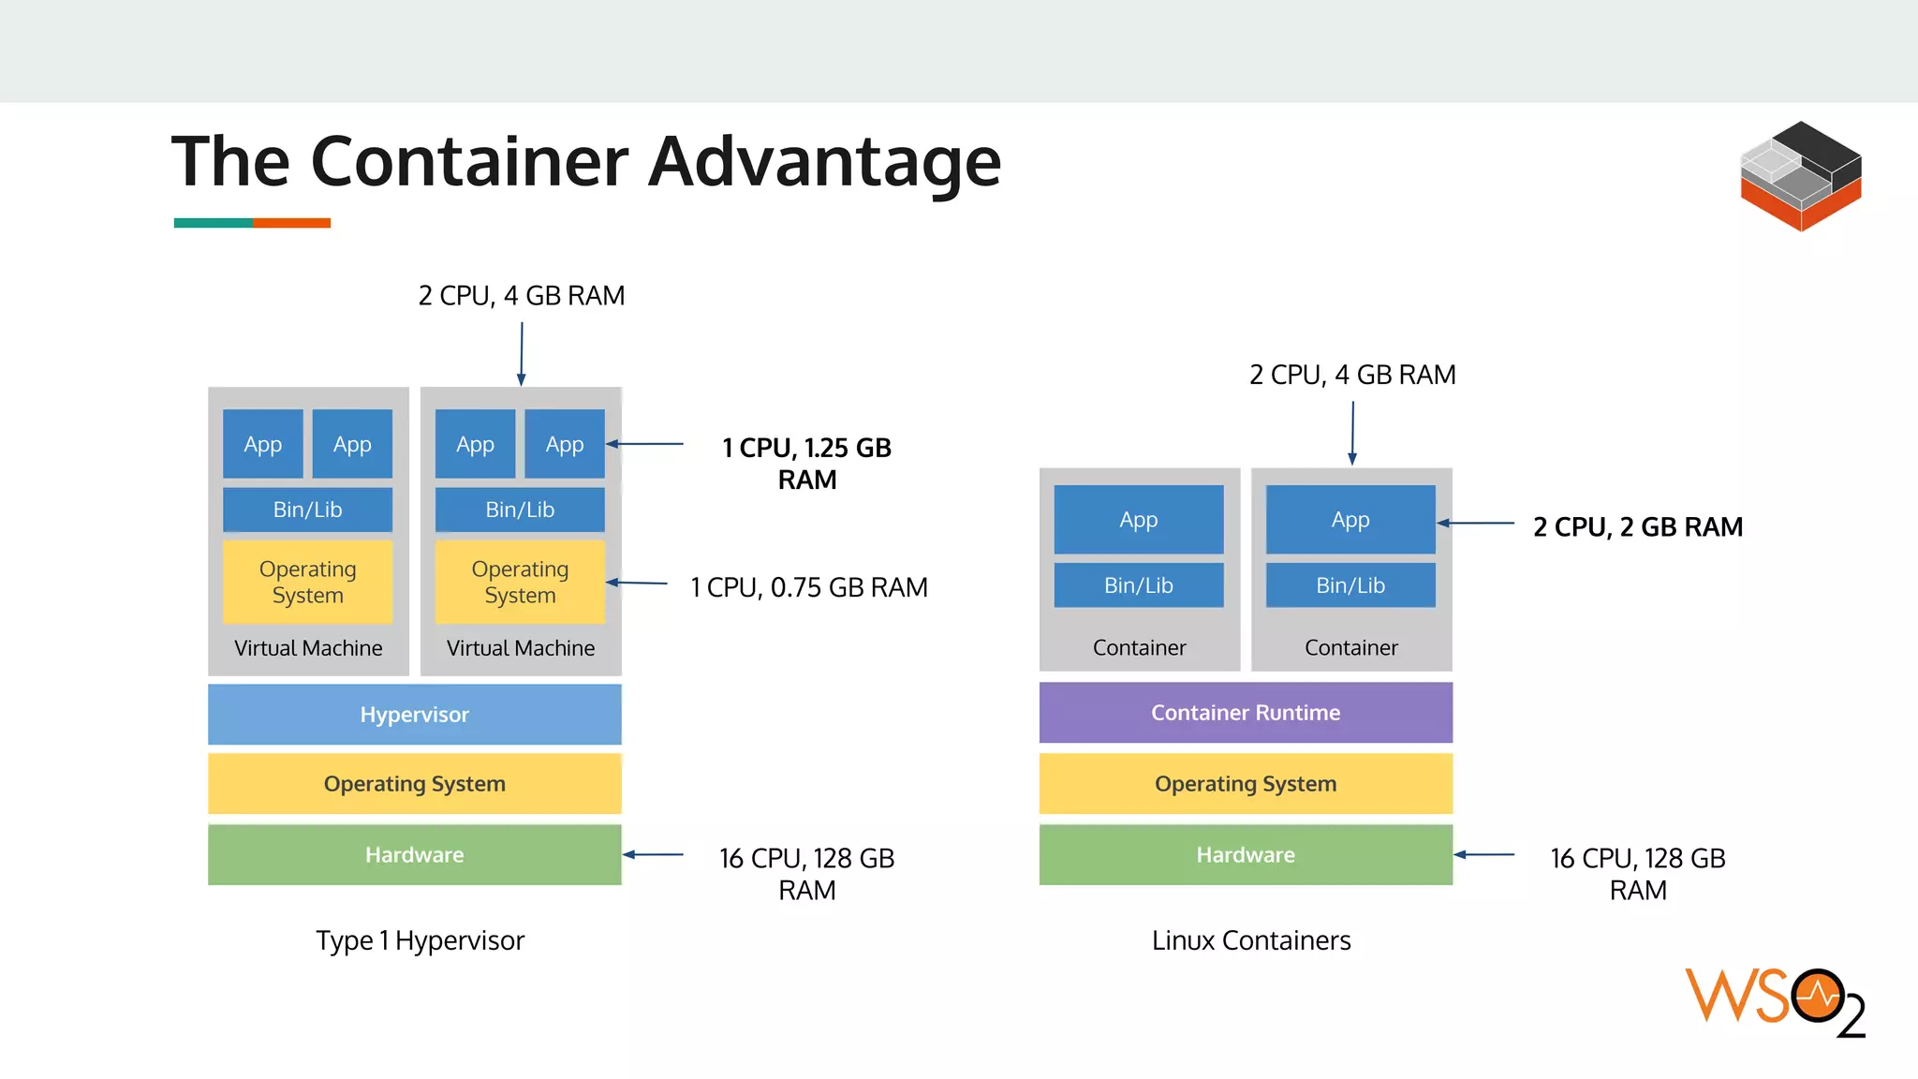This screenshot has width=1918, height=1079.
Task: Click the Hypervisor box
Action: click(x=414, y=715)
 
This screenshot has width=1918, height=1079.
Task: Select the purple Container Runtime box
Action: click(x=1245, y=713)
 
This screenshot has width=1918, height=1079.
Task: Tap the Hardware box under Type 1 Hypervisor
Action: click(x=414, y=855)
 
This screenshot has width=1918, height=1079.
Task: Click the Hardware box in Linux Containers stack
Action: click(x=1245, y=855)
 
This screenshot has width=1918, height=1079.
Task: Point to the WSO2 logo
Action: click(x=1774, y=1001)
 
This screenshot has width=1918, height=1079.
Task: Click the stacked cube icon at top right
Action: click(x=1800, y=176)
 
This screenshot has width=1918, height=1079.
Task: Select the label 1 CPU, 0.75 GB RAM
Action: click(x=808, y=587)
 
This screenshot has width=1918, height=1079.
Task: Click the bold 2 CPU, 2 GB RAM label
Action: click(x=1637, y=527)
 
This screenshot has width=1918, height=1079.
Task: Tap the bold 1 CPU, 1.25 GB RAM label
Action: click(x=806, y=464)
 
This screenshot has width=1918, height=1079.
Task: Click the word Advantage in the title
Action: click(x=824, y=162)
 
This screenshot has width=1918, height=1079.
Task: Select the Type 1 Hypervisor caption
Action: click(x=420, y=940)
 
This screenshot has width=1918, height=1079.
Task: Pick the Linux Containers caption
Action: click(x=1250, y=940)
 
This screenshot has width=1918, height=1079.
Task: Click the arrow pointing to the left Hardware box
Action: click(x=654, y=854)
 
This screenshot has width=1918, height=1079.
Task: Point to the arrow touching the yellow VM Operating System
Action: click(x=638, y=583)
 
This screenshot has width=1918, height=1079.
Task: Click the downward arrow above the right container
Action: click(x=1352, y=433)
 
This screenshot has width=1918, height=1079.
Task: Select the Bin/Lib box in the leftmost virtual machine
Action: click(x=307, y=510)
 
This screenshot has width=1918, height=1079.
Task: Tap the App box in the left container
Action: click(x=1138, y=520)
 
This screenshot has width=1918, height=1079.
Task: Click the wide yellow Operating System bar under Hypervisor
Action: click(x=414, y=784)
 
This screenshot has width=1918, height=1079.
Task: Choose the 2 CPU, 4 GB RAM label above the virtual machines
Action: click(x=521, y=296)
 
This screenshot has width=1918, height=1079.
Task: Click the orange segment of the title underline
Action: click(x=291, y=223)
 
